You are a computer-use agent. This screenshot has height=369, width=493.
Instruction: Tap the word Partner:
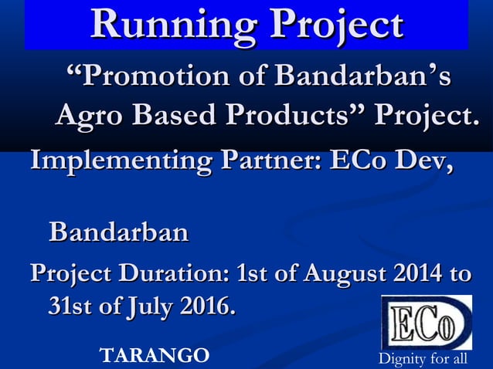click(x=270, y=164)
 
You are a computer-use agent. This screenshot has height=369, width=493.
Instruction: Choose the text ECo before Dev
click(x=364, y=164)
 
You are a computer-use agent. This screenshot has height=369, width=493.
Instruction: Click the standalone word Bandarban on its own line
click(x=118, y=232)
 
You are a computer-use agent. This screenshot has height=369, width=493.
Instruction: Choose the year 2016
click(x=206, y=306)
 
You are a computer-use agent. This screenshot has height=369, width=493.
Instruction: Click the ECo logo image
click(x=426, y=323)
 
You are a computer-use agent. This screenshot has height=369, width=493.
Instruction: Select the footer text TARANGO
click(x=155, y=356)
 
